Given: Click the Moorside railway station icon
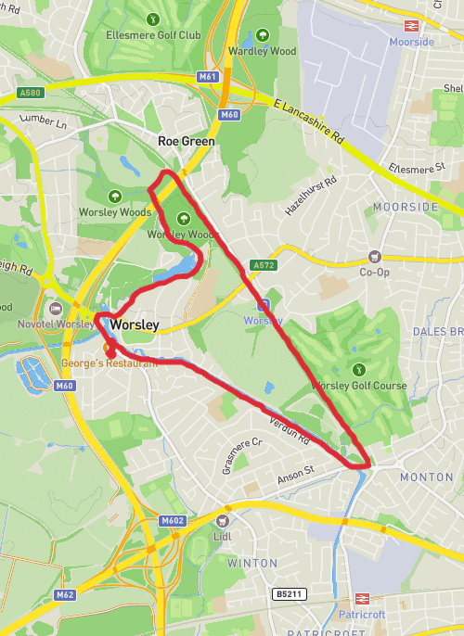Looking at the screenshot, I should pos(412,25).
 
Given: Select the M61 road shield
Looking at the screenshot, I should pos(209,76).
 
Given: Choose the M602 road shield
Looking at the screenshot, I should pos(173,520).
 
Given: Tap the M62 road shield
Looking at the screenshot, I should pos(63,594).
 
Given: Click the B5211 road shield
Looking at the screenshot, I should pos(289,593).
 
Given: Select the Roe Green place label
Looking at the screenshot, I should pos(186,141).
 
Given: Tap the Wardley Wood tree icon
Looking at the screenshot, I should pos(262,34).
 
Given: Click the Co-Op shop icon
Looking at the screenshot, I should pos(375,256).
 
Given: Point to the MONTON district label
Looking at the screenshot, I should pos(427,477).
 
